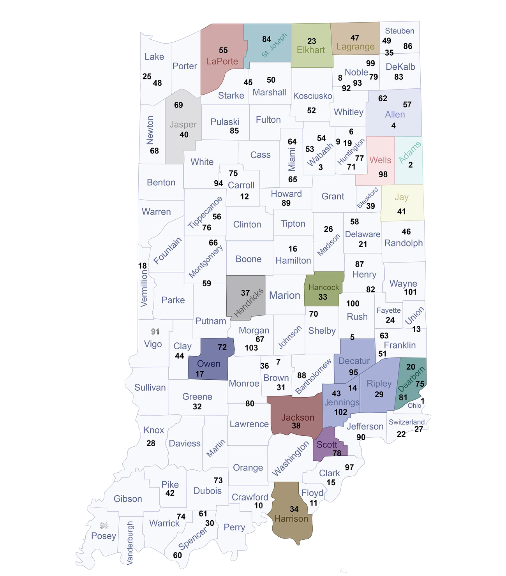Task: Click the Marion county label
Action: pos(284,295)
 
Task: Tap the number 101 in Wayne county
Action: pos(410,292)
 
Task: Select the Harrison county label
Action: pos(291,519)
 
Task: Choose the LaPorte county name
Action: pos(222,61)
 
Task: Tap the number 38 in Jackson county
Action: pos(296,426)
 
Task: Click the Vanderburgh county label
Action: pos(130,543)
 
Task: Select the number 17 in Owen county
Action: pos(199,374)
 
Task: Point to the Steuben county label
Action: pos(399,31)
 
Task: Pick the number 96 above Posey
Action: pos(104,526)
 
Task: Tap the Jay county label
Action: pos(401,197)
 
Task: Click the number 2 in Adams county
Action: pos(410,165)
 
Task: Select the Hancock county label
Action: pos(324,287)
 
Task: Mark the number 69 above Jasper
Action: pos(178,105)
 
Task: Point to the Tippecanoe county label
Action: pos(205,212)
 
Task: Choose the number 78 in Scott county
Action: pos(337,453)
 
